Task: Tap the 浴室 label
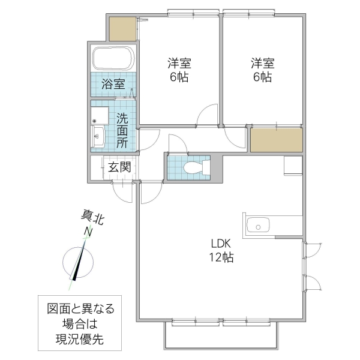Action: coord(113,83)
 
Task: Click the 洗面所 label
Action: coord(122,130)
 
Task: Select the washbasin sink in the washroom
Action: coord(98,136)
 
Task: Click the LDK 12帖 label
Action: coord(221,251)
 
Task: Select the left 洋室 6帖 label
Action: coord(179,70)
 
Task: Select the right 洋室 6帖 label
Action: coord(262,70)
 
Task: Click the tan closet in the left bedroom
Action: coord(123,28)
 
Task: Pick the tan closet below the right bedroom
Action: coord(275,140)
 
